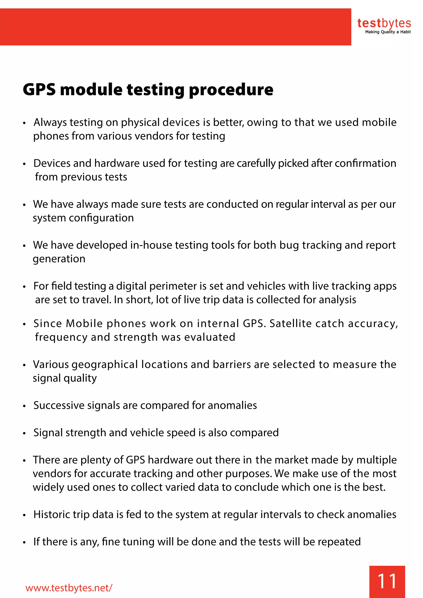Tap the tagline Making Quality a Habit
click(388, 32)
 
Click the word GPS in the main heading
click(39, 90)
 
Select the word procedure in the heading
click(231, 90)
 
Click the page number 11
click(387, 581)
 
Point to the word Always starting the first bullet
click(50, 122)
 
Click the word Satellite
click(290, 324)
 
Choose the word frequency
click(61, 337)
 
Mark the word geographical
click(105, 365)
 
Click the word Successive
click(59, 406)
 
